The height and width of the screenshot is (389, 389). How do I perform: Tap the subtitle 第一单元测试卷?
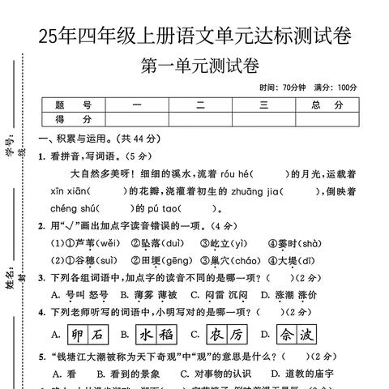199,66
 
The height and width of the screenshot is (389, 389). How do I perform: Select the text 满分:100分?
334,88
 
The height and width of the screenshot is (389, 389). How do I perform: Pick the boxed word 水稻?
156,334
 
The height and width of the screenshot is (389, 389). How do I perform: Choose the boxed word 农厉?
226,334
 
